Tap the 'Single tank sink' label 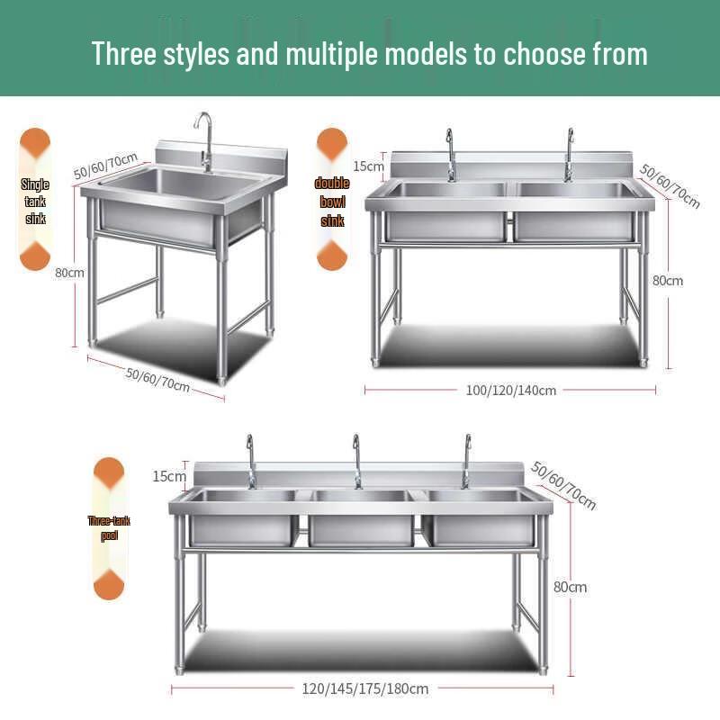point(35,201)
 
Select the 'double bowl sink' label point(332,202)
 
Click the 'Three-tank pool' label point(109,528)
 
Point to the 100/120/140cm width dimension point(510,391)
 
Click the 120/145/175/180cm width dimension point(364,688)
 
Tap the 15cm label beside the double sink point(367,166)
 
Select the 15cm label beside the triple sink point(169,476)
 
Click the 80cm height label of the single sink point(69,273)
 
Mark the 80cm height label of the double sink point(667,281)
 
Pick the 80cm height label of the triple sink point(570,587)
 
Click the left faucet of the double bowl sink point(450,154)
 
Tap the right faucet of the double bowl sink point(568,154)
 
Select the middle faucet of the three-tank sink point(356,460)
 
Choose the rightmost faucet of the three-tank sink point(466,460)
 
